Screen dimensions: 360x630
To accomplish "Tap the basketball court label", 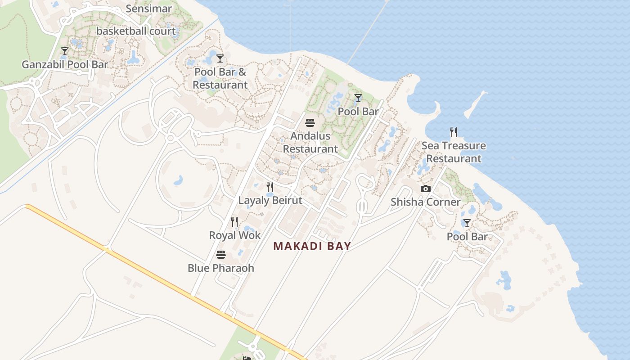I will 136,31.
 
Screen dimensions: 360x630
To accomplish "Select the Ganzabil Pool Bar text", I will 65,64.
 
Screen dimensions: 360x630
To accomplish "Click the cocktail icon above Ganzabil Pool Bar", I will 65,51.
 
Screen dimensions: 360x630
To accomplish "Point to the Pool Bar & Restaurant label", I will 220,78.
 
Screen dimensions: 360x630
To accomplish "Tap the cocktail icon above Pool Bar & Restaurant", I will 220,58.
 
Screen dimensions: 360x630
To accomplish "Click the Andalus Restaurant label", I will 310,142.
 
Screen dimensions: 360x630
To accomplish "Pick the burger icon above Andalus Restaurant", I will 310,122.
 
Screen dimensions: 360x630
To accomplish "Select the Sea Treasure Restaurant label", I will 454,152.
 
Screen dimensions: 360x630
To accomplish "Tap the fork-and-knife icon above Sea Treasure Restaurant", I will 454,132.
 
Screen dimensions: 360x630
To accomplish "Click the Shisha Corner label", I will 425,202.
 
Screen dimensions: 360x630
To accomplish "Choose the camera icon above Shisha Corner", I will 425,189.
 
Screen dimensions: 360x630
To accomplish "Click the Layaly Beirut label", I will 270,200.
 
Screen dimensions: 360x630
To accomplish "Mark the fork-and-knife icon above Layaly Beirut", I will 270,187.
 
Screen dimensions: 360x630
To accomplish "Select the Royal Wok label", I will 234,235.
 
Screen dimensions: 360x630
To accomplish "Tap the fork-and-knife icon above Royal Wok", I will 234,222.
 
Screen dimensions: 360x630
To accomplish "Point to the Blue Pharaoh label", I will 220,268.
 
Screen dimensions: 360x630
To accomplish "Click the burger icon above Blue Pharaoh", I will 220,255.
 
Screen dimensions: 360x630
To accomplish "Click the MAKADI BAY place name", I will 312,246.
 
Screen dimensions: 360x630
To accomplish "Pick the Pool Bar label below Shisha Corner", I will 467,237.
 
